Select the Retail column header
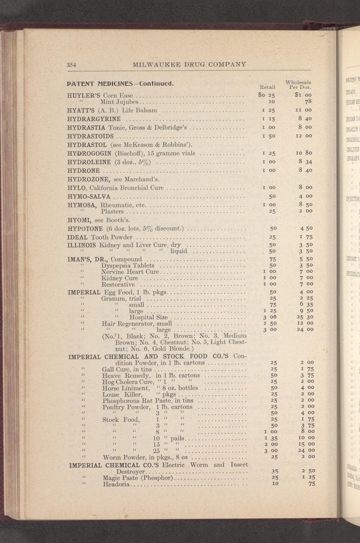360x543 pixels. pos(268,87)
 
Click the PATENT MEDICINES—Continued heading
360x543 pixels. pos(120,84)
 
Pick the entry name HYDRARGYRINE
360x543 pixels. pos(94,118)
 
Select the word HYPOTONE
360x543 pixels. pos(85,228)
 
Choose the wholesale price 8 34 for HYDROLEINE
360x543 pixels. pos(305,161)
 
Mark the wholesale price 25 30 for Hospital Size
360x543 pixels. pos(305,317)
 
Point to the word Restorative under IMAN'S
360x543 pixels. pos(118,284)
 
